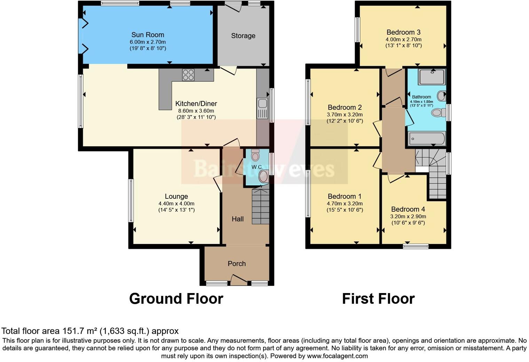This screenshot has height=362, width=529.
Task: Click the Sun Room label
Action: [148, 35]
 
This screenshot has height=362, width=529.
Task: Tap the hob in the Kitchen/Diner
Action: [188, 75]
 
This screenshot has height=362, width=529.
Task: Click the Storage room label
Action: [243, 36]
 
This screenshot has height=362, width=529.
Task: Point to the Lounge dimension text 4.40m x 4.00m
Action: [176, 204]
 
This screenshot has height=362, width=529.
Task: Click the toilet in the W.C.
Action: [255, 155]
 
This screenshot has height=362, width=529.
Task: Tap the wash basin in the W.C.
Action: [263, 176]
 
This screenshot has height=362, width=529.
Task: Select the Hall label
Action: [238, 219]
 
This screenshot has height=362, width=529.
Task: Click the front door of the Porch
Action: [239, 280]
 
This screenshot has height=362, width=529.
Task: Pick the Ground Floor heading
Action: [176, 299]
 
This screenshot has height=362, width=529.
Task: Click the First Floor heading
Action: [378, 299]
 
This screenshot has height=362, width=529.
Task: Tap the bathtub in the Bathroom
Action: [427, 139]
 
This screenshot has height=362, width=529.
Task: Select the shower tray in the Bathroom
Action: [432, 77]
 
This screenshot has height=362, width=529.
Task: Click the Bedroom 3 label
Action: [403, 32]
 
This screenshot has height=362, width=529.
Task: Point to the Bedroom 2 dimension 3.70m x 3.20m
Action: [345, 115]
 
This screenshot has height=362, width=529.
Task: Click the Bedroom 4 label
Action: [408, 209]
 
